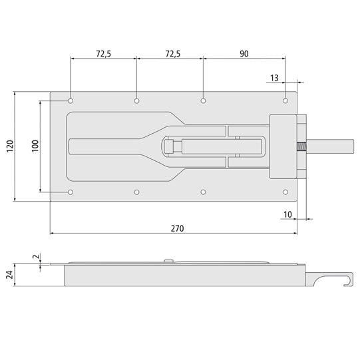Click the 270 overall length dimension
coord(176,228)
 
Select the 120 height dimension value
coord(9,146)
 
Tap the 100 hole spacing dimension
coord(35,146)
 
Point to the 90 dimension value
coord(244,53)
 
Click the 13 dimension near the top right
coord(274,79)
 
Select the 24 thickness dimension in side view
coord(9,275)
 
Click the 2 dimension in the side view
coord(35,256)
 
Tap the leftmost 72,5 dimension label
coord(103,53)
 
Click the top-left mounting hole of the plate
coord(71,101)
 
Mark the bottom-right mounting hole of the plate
coord(285,192)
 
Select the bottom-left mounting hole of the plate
coord(71,192)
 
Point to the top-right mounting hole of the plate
coord(285,101)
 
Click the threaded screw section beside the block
coord(302,146)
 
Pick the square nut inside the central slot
coord(170,146)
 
